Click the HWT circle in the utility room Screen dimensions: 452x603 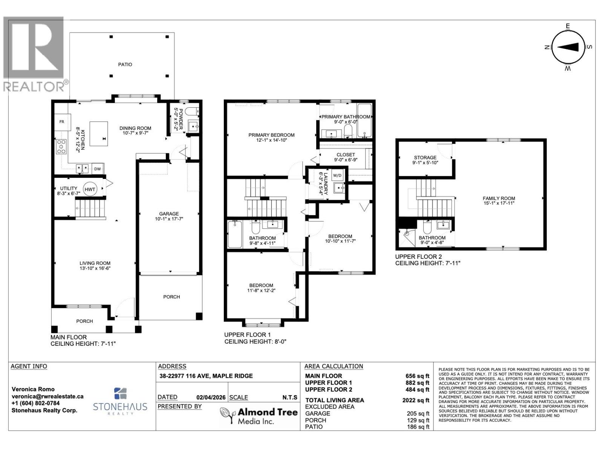[x=90, y=189]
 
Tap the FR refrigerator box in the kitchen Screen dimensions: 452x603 [x=61, y=122]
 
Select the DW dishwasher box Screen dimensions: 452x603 [x=98, y=169]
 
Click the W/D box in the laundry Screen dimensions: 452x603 [x=337, y=175]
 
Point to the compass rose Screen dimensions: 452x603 [x=568, y=47]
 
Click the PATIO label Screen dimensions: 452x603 [x=125, y=64]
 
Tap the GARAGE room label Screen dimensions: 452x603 [x=168, y=214]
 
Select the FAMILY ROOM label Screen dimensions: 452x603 [x=499, y=198]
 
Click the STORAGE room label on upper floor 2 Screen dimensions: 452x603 [x=425, y=157]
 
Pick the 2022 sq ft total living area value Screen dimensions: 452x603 [x=415, y=400]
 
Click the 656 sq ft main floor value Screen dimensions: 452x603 [x=417, y=376]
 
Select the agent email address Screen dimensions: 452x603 [x=47, y=396]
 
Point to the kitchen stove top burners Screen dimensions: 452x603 [x=61, y=147]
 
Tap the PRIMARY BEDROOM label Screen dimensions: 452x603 [x=271, y=135]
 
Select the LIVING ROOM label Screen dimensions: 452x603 [x=95, y=263]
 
